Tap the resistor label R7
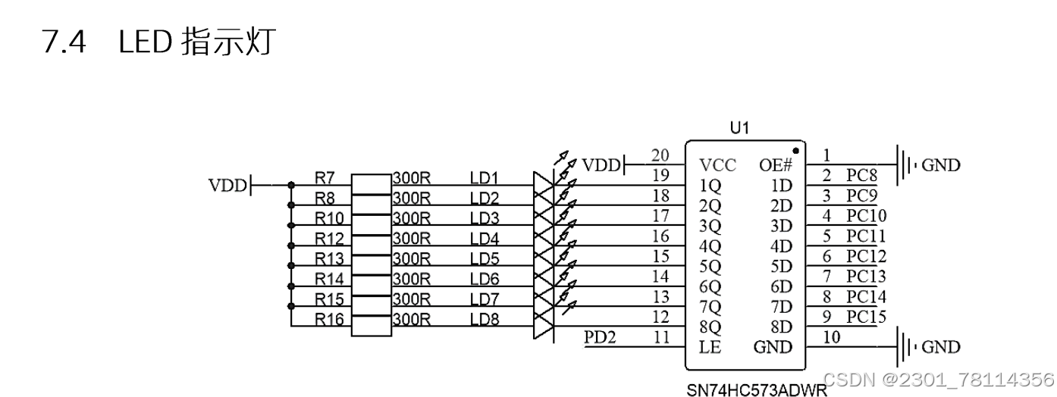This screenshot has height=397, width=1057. [x=325, y=179]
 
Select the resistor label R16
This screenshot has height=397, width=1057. [x=329, y=320]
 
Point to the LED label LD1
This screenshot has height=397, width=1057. [x=485, y=179]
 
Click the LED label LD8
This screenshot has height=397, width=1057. [x=485, y=320]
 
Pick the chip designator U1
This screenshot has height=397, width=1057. [x=739, y=128]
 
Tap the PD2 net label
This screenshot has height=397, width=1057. [x=600, y=336]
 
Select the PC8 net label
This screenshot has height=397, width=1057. [x=862, y=176]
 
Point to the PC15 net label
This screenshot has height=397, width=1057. [x=866, y=317]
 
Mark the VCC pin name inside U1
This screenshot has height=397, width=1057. [x=717, y=165]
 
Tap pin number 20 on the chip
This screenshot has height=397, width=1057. [x=660, y=155]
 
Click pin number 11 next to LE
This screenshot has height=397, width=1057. [x=661, y=337]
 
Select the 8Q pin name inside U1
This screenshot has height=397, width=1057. [x=710, y=327]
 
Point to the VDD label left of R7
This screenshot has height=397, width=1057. [x=227, y=184]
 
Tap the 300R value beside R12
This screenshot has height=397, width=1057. [x=412, y=239]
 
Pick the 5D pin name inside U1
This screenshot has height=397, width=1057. [x=780, y=266]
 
